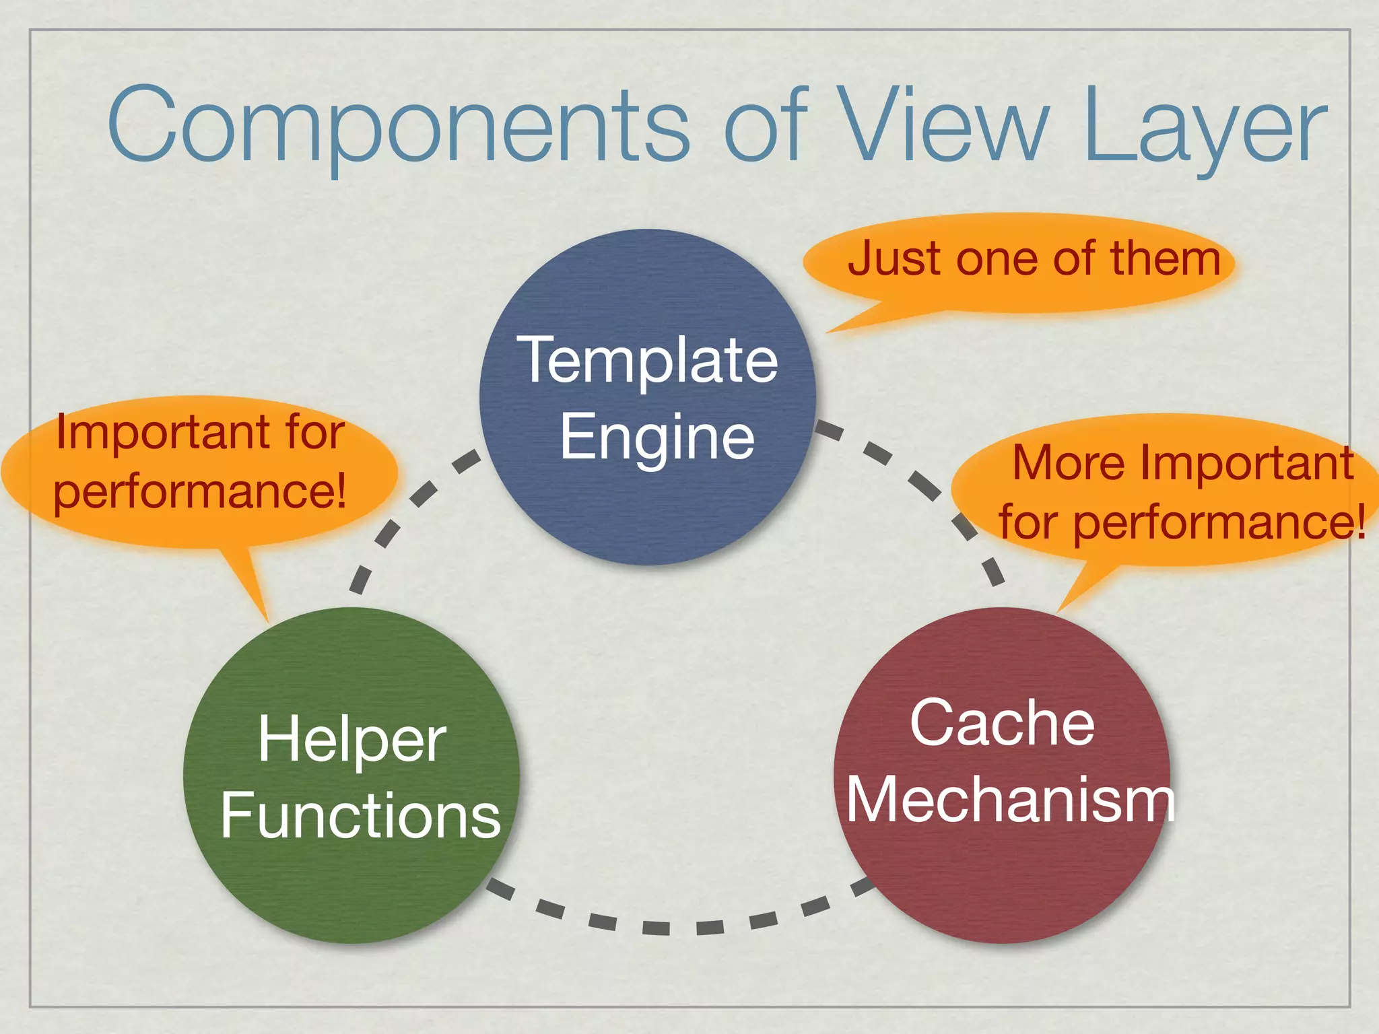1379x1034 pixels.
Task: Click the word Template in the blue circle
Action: coord(647,361)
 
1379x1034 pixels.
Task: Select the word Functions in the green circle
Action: coord(360,816)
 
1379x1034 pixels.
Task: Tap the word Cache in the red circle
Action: coord(1002,724)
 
